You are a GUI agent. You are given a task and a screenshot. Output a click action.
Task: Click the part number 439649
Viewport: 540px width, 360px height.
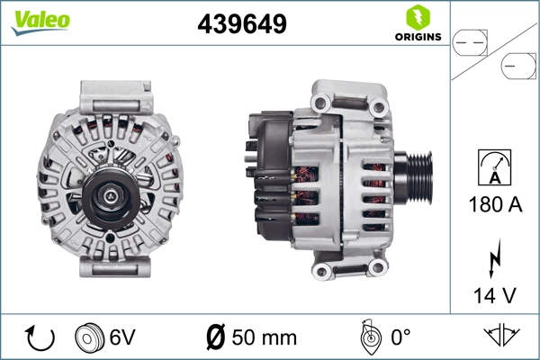[242, 24]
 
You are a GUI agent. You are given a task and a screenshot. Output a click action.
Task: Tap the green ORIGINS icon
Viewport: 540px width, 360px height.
[416, 16]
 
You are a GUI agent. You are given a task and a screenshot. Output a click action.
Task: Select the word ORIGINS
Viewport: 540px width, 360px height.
[417, 37]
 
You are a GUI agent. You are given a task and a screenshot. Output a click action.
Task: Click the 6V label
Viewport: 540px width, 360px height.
[123, 338]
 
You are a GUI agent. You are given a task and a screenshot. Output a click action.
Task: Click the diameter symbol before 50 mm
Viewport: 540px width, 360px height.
[215, 338]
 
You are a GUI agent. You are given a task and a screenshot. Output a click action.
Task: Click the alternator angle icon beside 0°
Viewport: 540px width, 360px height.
[367, 337]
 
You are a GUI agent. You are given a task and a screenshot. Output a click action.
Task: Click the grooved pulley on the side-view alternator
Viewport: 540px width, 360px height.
[413, 177]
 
